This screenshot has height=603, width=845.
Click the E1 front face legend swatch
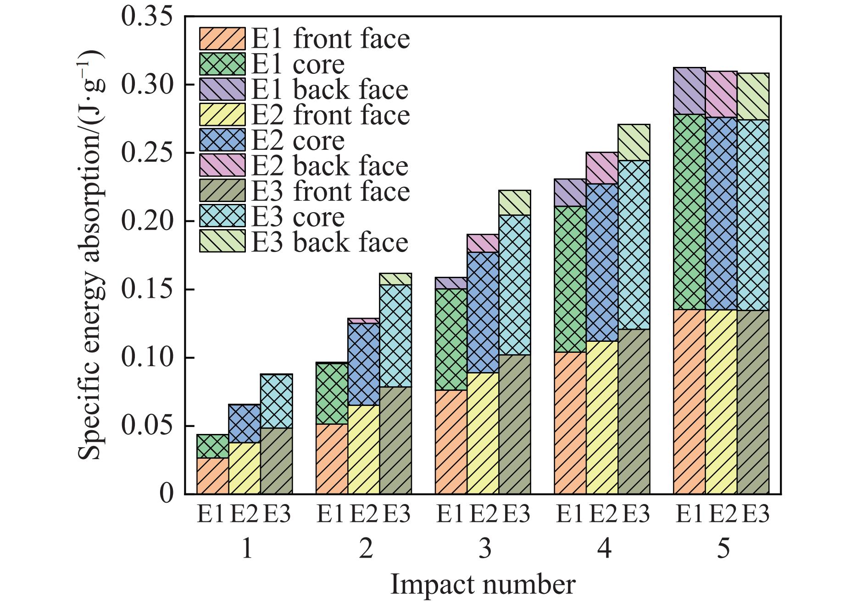tap(222, 38)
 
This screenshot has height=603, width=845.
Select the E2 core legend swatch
tap(222, 140)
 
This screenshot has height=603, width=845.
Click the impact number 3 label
tap(484, 548)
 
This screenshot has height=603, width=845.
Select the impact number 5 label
tap(723, 548)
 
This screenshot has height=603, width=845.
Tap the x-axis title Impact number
tap(483, 585)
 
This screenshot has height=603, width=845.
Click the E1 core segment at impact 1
tap(212, 446)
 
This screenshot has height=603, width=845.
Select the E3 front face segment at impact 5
tap(753, 402)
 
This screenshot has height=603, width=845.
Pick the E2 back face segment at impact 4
tap(602, 168)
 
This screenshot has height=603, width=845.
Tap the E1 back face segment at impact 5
tap(689, 91)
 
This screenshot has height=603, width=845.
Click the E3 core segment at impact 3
tap(515, 285)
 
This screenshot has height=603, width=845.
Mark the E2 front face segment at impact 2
tap(363, 450)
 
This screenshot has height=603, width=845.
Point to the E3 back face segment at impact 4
tap(634, 143)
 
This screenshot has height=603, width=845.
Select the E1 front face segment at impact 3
tap(451, 442)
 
